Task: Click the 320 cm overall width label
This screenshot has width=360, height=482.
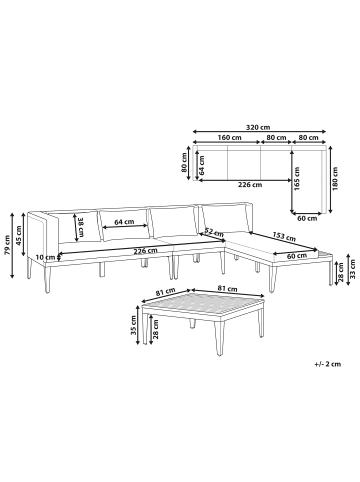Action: pos(258,127)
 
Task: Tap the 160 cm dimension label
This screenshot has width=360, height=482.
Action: pos(229,137)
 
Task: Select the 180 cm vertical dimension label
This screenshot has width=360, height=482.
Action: pos(335,179)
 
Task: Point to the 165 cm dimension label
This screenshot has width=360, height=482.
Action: pos(297,179)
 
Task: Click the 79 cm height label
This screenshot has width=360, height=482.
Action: pos(8,245)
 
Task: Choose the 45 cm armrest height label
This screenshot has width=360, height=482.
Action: pos(19,235)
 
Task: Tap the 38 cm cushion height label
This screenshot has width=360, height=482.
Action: pos(81,227)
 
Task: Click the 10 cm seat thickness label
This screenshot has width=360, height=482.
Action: pos(45,257)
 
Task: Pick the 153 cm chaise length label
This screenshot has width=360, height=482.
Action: pos(284,237)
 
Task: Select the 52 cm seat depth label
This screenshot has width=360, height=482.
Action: pos(214,232)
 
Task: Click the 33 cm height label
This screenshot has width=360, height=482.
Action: pos(353,270)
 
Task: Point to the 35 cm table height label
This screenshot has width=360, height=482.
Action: pos(133,325)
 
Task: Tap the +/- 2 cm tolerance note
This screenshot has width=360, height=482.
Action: pos(328,364)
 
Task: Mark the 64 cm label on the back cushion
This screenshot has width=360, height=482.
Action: pos(124,222)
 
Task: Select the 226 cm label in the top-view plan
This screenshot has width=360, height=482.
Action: pos(250,185)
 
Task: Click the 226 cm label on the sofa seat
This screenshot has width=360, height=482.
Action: pos(145,251)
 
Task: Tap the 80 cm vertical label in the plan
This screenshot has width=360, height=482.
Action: pos(184,162)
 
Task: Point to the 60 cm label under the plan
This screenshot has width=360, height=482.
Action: pos(307,218)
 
